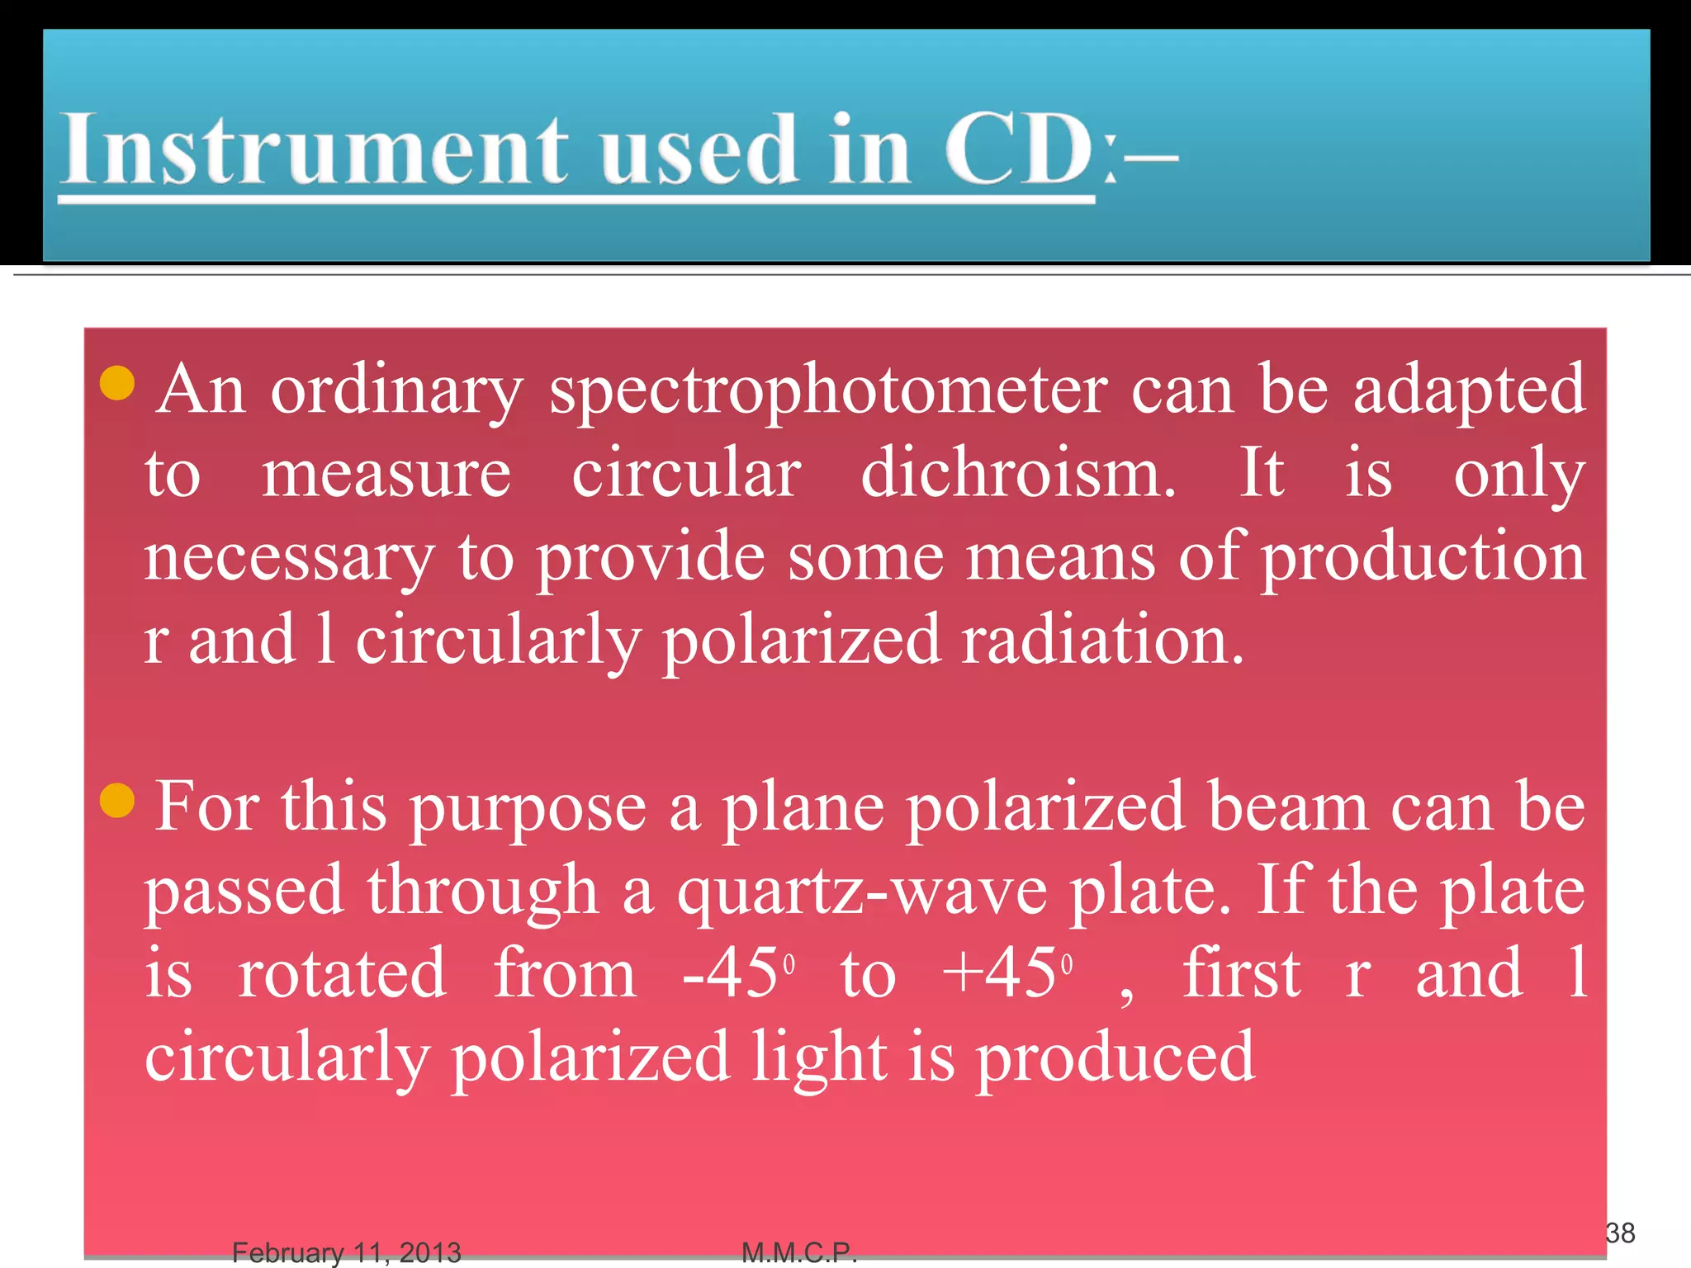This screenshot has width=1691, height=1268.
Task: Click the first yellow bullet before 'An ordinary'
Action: point(117,383)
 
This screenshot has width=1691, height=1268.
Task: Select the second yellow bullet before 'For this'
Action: point(117,800)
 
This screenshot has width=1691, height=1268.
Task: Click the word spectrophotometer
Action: point(828,390)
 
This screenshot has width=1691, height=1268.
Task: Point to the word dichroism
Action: point(1017,474)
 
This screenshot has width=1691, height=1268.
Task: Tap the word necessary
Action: point(289,558)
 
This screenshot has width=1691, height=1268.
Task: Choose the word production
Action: point(1423,558)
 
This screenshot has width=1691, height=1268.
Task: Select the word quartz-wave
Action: point(862,892)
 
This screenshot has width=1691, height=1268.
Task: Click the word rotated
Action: point(343,974)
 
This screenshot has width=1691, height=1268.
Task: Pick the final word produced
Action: point(1115,1058)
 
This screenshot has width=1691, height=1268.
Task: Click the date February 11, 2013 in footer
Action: point(346,1253)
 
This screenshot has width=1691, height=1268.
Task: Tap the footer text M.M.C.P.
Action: point(799,1253)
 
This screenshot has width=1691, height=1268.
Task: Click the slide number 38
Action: point(1620,1233)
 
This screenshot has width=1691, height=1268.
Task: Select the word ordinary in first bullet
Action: point(396,390)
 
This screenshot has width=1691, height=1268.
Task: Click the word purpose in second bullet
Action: point(528,809)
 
